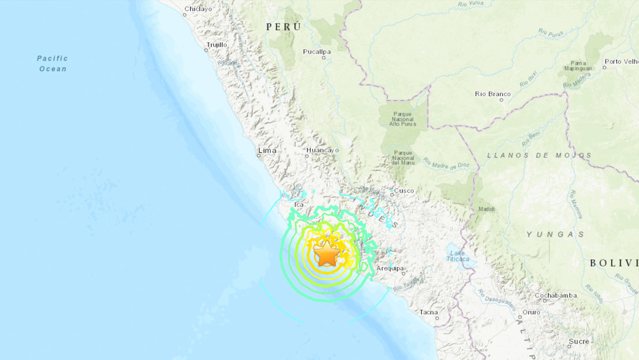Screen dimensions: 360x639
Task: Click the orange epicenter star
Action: click(x=327, y=254)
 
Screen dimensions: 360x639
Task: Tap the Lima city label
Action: click(x=267, y=150)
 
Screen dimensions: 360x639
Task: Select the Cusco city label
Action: click(x=404, y=191)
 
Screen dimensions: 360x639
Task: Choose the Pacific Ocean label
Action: click(x=53, y=64)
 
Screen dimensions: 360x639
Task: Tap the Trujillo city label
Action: click(x=217, y=44)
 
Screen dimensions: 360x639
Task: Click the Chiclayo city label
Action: click(x=197, y=9)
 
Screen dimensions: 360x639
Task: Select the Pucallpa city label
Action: click(x=317, y=52)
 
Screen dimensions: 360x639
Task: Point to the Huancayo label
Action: click(x=322, y=150)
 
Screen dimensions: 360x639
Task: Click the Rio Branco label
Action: click(x=493, y=94)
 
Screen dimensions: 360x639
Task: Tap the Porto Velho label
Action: click(x=620, y=61)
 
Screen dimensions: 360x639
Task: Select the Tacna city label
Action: click(x=429, y=313)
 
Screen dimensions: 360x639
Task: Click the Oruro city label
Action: click(x=531, y=313)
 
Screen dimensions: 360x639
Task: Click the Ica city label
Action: click(x=299, y=205)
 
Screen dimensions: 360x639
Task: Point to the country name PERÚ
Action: click(x=284, y=27)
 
